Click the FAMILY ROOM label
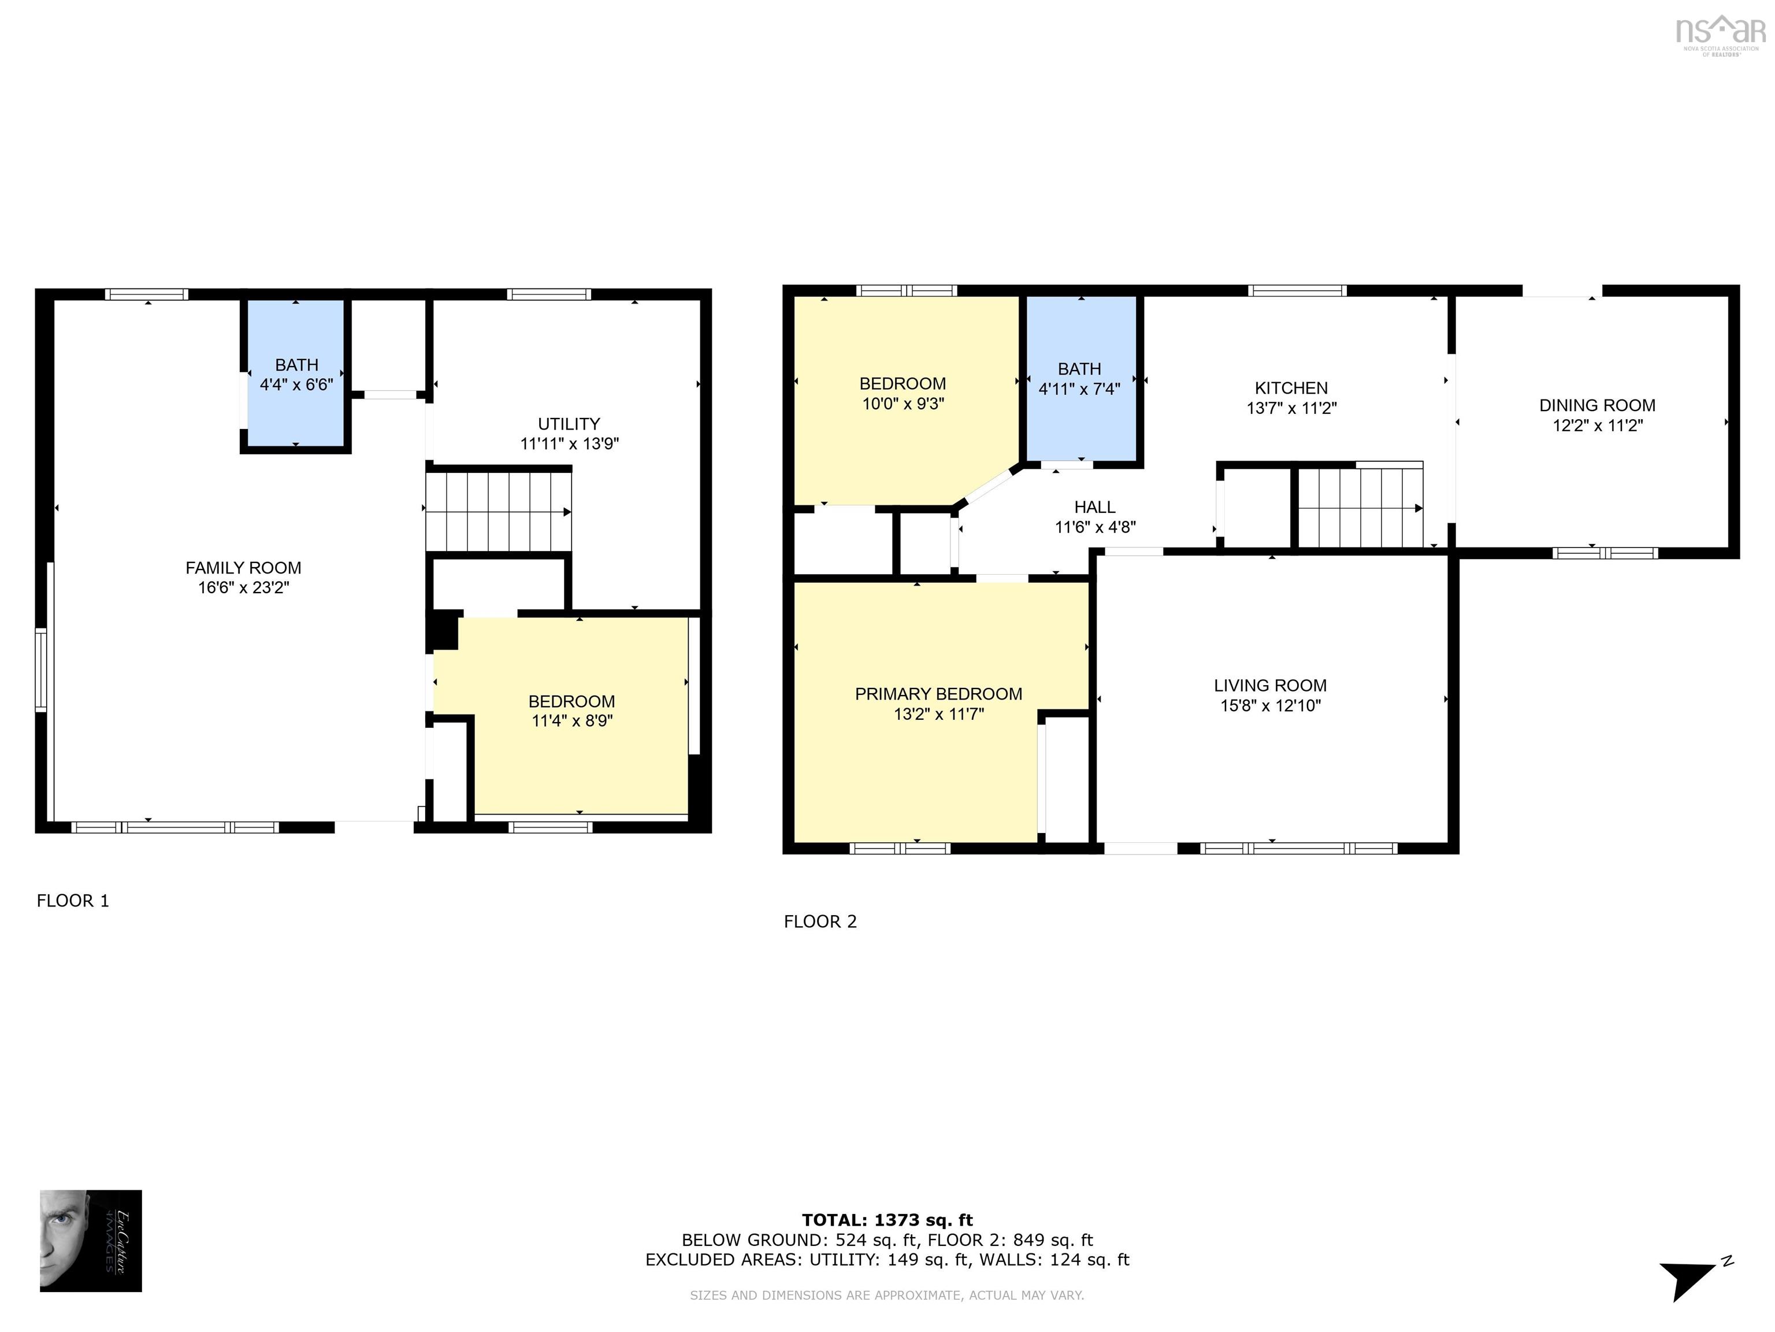[x=243, y=568]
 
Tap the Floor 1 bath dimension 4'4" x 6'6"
[x=296, y=384]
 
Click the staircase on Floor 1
[x=498, y=512]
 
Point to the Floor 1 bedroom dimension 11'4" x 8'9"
[x=571, y=721]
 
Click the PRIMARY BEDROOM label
[x=938, y=694]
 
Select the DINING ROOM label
[x=1597, y=405]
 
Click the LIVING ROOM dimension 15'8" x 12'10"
[x=1269, y=706]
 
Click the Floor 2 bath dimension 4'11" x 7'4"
[x=1079, y=390]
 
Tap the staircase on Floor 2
[x=1360, y=508]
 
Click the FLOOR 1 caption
[x=73, y=901]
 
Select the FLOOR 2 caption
[x=820, y=922]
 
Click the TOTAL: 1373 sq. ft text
[x=887, y=1220]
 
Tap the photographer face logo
[x=91, y=1241]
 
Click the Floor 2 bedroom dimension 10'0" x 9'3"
[x=903, y=404]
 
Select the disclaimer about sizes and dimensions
[x=887, y=1295]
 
